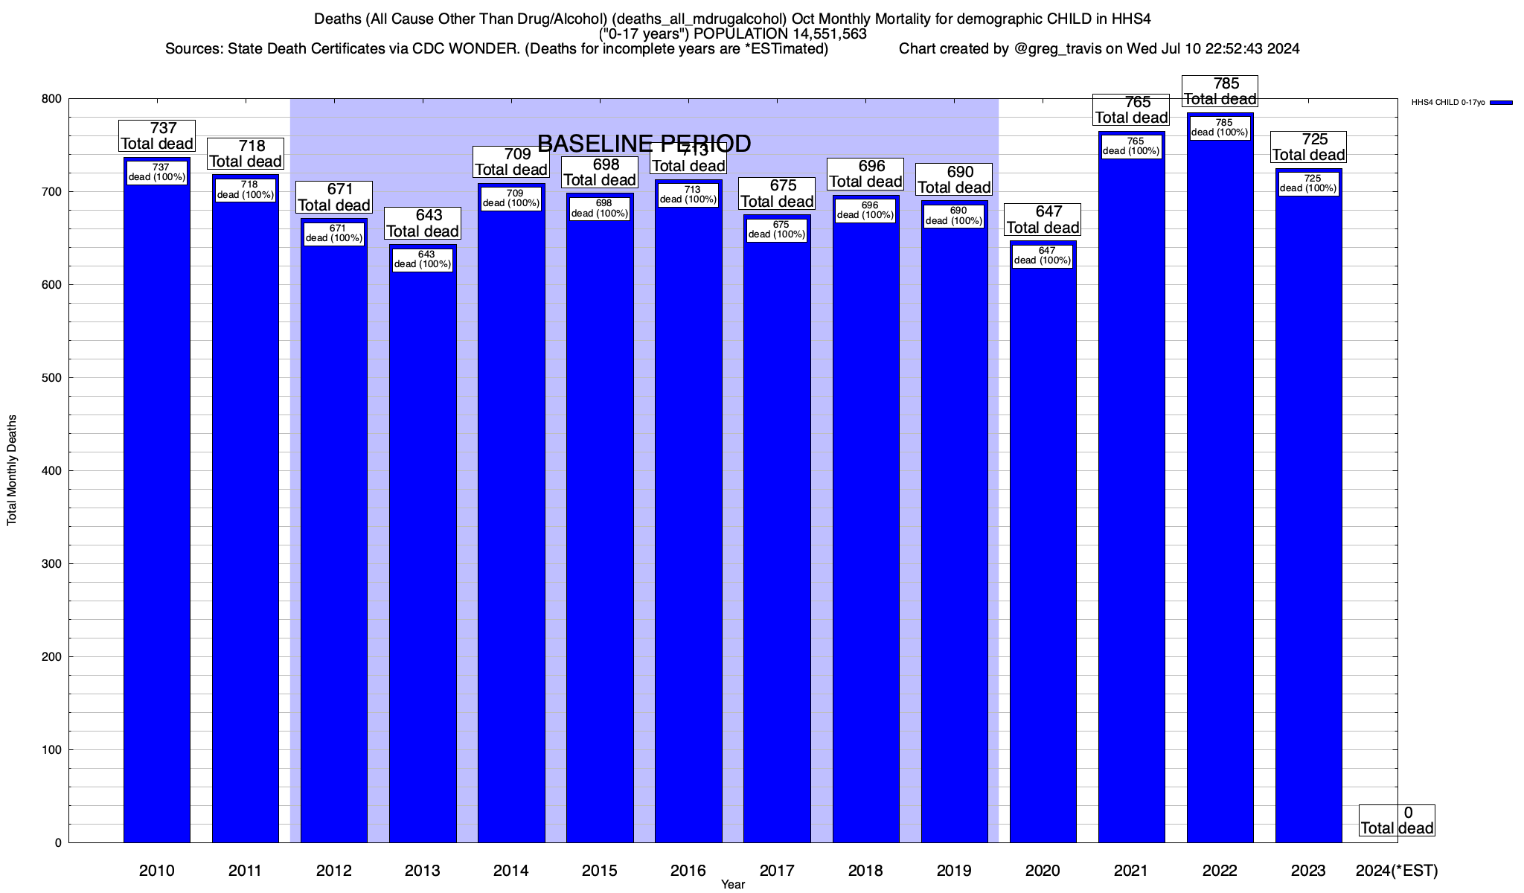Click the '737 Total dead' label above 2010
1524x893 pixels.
(x=157, y=136)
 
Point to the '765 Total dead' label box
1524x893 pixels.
(x=1132, y=110)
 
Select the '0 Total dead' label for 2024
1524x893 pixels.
(x=1397, y=820)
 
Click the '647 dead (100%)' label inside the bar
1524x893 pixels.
(x=1043, y=255)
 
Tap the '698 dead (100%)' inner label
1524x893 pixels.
(x=600, y=208)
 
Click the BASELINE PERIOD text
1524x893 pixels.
(x=644, y=143)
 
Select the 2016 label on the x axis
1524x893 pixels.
(x=688, y=871)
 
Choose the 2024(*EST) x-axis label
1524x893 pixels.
(x=1397, y=871)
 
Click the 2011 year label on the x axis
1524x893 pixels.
(x=245, y=871)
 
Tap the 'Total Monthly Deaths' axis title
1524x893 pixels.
(x=12, y=470)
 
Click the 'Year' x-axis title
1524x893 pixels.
(x=732, y=885)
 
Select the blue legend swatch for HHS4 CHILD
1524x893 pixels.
(x=1501, y=103)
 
